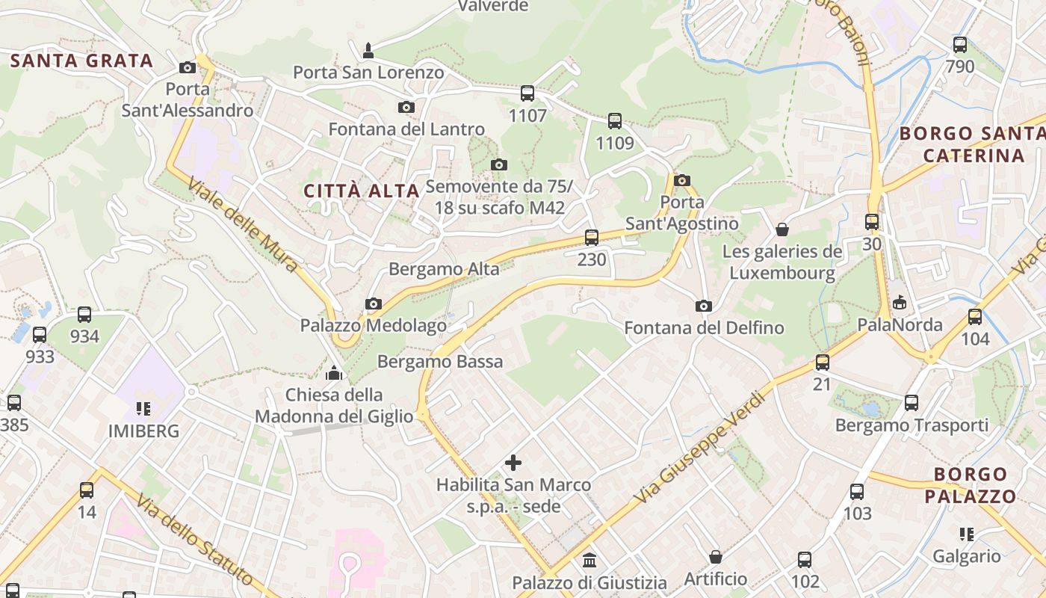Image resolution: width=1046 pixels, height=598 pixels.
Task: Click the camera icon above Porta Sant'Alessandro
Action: coord(188,68)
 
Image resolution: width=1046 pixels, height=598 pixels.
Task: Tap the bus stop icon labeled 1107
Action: coord(527,93)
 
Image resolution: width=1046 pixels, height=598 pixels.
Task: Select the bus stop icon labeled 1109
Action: coord(614,120)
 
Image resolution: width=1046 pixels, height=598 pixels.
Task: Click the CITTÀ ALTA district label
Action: coord(361,191)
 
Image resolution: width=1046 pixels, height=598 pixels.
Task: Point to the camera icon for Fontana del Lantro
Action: coord(406,108)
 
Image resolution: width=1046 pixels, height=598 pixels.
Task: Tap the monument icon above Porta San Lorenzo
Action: coord(368,51)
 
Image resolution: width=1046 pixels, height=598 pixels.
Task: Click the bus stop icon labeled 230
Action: coord(592,238)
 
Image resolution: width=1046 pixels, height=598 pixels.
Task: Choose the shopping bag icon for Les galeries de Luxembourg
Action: coord(782,229)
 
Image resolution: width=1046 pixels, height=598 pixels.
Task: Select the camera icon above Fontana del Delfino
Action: coord(703,306)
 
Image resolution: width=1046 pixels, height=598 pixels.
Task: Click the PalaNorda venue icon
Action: coord(900,302)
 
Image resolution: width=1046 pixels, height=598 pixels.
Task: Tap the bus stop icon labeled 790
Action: coord(960,45)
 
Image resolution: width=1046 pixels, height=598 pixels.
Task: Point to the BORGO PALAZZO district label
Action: coord(970,485)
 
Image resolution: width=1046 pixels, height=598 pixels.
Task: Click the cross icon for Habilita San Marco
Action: coord(513,463)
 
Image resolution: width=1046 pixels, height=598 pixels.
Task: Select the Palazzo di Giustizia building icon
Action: coord(589,560)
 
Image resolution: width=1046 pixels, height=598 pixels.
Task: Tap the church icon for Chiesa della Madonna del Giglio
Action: coord(334,372)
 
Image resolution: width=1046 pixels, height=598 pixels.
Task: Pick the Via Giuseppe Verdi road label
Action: coord(700,447)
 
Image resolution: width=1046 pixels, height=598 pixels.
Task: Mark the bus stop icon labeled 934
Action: coord(84,315)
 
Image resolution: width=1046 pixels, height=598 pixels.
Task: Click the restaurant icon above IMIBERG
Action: coord(143,409)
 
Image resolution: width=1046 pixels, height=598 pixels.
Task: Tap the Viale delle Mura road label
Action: coord(242,224)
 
